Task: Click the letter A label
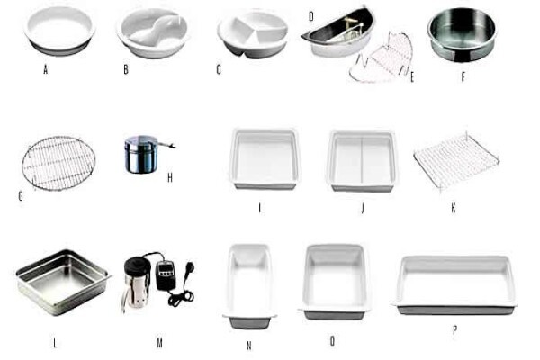(46, 70)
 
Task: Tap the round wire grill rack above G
(58, 163)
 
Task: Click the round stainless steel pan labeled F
(463, 34)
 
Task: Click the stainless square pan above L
(64, 282)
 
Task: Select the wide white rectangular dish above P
(454, 285)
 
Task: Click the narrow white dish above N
(249, 286)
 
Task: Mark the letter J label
(363, 208)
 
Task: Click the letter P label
(454, 330)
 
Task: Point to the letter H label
(170, 178)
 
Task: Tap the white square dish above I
(265, 159)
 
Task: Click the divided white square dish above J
(362, 161)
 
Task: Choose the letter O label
(332, 341)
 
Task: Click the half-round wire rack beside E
(381, 58)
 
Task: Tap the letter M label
(160, 343)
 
